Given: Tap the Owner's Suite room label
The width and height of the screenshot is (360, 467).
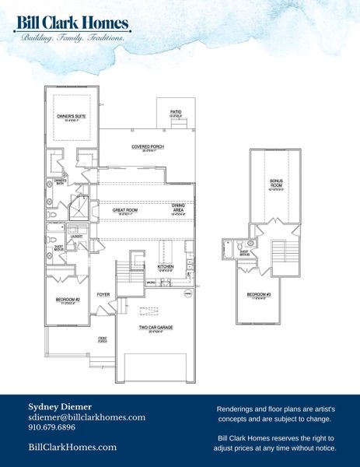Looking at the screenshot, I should point(71,117).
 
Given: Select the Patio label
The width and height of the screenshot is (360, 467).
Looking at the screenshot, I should point(176,112).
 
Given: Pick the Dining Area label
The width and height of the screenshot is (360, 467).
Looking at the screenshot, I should point(178,207).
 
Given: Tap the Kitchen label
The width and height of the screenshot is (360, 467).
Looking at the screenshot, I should point(166,266).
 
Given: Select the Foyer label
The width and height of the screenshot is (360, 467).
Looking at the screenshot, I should point(103,294).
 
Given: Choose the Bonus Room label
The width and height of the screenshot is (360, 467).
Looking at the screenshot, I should point(276,183).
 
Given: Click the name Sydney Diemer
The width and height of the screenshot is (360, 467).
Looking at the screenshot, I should point(59,406).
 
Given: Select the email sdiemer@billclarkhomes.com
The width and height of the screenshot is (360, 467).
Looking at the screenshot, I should point(86,417).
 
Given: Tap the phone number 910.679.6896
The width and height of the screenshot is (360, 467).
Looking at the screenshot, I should point(52,427).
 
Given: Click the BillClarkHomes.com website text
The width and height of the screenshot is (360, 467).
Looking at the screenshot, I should point(72,447).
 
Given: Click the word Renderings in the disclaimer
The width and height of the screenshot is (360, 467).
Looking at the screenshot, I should point(234,408).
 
